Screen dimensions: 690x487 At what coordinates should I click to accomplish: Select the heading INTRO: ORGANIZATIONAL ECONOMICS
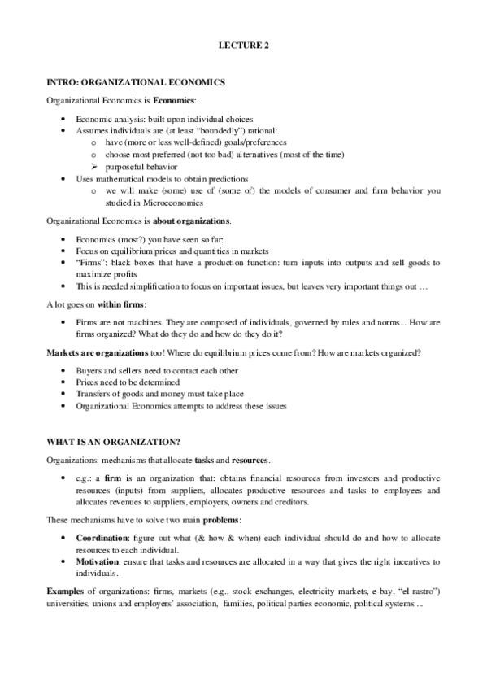pyautogui.click(x=136, y=83)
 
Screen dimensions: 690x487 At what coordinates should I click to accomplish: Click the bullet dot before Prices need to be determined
pyautogui.click(x=65, y=382)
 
